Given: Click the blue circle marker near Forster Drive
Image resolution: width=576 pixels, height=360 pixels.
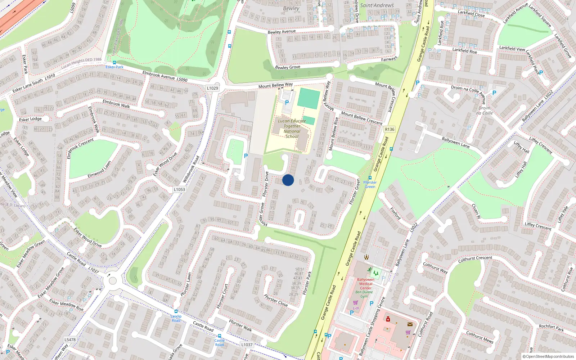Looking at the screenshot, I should pos(288,180).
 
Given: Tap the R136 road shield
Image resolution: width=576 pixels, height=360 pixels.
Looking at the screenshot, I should pos(390,129).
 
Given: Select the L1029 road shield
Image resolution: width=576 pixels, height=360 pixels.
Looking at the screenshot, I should pos(212,88).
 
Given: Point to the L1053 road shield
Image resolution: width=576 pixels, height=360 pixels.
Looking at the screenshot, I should pos(179,189).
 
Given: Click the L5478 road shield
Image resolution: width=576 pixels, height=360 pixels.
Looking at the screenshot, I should pos(70,339).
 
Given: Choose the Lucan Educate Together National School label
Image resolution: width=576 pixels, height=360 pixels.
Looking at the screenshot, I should pos(292,129).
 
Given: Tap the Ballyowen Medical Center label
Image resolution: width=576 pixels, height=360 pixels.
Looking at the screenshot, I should pos(365,284).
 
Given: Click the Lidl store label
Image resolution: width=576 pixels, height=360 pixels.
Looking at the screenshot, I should pos(356,308).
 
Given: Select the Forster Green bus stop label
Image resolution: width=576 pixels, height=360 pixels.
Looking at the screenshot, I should pos(370,184).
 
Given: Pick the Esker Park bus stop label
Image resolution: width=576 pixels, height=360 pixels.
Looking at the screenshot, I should pos(114,67).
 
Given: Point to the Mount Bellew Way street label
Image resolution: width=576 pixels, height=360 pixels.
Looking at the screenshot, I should pos(275,85).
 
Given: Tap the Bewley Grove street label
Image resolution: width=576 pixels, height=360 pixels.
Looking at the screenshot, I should pos(287,67).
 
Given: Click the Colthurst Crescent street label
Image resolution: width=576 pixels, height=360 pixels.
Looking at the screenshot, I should pos(475,258).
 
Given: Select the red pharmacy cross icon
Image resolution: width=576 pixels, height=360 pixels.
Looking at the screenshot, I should pos(388,319).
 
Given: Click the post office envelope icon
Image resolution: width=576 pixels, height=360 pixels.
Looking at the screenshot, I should pos(410,324).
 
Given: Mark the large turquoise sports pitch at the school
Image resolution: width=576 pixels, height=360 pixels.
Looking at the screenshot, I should pos(309,98).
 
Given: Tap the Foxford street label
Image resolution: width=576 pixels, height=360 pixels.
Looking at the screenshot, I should pos(395,213).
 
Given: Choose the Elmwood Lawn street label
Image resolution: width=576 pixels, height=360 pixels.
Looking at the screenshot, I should pos(99,170).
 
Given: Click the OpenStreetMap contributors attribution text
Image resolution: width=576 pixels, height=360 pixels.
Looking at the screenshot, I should pos(548,357).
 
